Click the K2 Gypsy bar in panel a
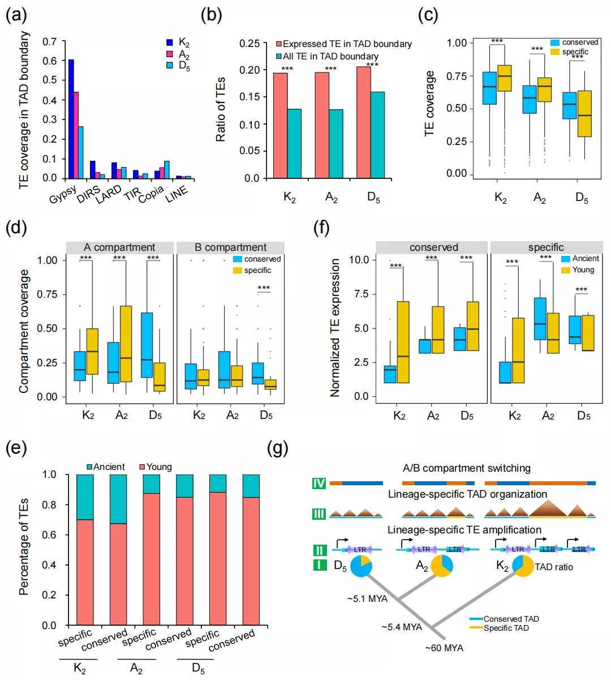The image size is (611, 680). (x=71, y=119)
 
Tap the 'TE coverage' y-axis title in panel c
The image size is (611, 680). (x=430, y=103)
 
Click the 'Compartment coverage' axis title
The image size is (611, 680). (x=24, y=331)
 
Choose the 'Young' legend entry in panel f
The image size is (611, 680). (x=583, y=270)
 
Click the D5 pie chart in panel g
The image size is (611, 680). (x=361, y=566)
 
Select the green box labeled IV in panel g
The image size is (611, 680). (x=320, y=484)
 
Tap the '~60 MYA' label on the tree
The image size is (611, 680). (x=444, y=648)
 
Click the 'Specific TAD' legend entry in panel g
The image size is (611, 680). (x=506, y=628)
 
